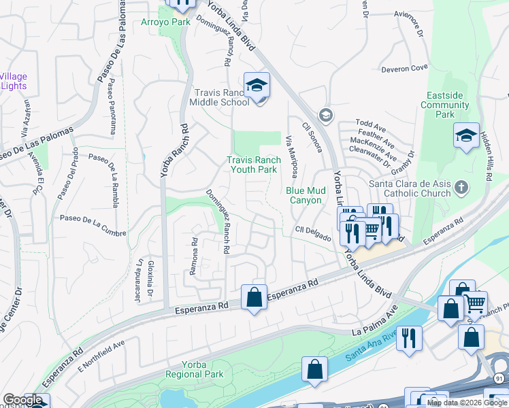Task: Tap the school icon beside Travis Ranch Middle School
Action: (x=257, y=86)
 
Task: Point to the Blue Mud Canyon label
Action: (x=303, y=196)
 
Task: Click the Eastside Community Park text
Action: (x=444, y=105)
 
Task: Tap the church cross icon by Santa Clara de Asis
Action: (x=461, y=187)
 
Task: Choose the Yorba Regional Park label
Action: (x=194, y=369)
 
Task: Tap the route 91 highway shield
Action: (x=499, y=378)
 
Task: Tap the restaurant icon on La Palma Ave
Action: (x=409, y=338)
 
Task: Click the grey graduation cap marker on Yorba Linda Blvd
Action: (x=325, y=114)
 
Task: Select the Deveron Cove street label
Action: (x=404, y=68)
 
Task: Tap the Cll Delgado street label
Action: (x=313, y=233)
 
